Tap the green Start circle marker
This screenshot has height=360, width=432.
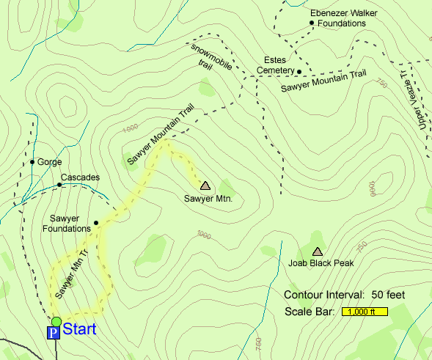coord(56,321)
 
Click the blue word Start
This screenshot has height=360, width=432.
coord(79,329)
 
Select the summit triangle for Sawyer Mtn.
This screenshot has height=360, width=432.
coord(205,186)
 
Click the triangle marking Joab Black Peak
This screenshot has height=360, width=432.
coord(318,251)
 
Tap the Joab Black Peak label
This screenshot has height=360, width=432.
coord(321,262)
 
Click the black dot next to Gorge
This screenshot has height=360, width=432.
coord(32,162)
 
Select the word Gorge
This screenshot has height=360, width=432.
coord(50,162)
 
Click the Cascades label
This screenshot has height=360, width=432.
coord(80,177)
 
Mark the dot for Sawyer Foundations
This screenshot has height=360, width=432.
coord(96,223)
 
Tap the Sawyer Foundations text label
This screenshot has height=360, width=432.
coord(70,223)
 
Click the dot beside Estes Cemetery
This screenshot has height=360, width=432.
coord(299,71)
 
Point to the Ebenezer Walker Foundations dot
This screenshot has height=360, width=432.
coord(312,23)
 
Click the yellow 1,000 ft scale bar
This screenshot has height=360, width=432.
coord(365,312)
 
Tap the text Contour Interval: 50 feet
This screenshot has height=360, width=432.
coord(345,295)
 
